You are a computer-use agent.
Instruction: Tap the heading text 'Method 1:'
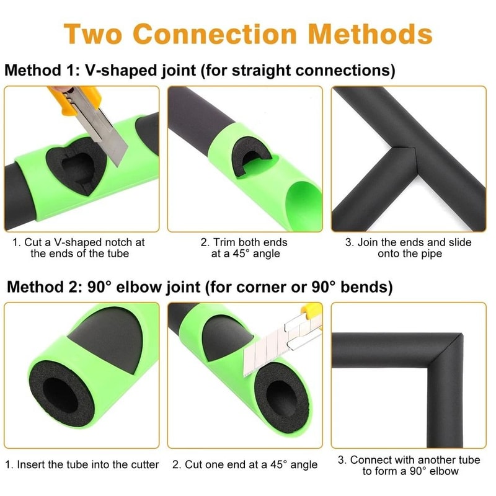(38, 70)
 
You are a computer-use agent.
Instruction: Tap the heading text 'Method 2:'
(41, 288)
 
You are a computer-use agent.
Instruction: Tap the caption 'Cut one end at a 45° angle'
(245, 464)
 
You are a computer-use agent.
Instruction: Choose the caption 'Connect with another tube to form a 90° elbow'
(409, 465)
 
